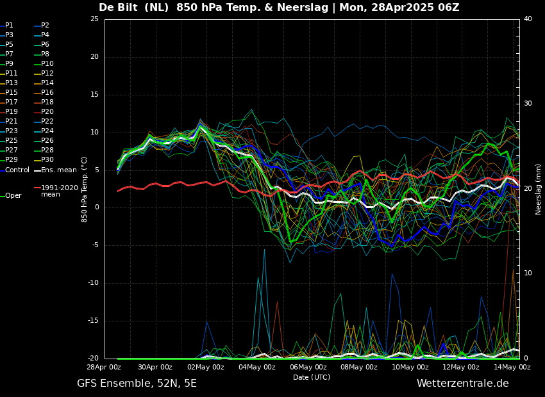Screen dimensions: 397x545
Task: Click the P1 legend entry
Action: point(9,26)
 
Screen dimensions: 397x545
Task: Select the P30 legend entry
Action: point(47,160)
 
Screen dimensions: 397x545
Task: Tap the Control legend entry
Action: point(17,170)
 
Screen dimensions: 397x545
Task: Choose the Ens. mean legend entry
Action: point(58,170)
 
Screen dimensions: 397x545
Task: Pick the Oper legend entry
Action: point(13,196)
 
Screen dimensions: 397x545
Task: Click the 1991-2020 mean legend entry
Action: point(59,191)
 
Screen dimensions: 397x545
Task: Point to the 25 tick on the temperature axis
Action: point(94,19)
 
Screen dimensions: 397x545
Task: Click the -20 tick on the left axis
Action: point(93,359)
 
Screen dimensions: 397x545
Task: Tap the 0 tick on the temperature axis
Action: point(96,207)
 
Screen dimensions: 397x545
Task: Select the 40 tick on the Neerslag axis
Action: point(528,19)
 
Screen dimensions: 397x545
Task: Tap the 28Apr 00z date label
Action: point(105,368)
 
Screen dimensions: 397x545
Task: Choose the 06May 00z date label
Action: point(308,368)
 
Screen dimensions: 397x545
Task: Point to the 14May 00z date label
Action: point(512,368)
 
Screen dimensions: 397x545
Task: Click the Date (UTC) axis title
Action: point(312,377)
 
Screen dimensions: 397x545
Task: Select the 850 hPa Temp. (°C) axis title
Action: point(84,189)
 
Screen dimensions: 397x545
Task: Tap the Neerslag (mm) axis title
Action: point(539,189)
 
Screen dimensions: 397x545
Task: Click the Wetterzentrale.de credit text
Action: point(462,384)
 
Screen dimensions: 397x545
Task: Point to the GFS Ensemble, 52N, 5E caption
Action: point(137,384)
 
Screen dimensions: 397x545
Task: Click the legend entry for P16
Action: point(47,93)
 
